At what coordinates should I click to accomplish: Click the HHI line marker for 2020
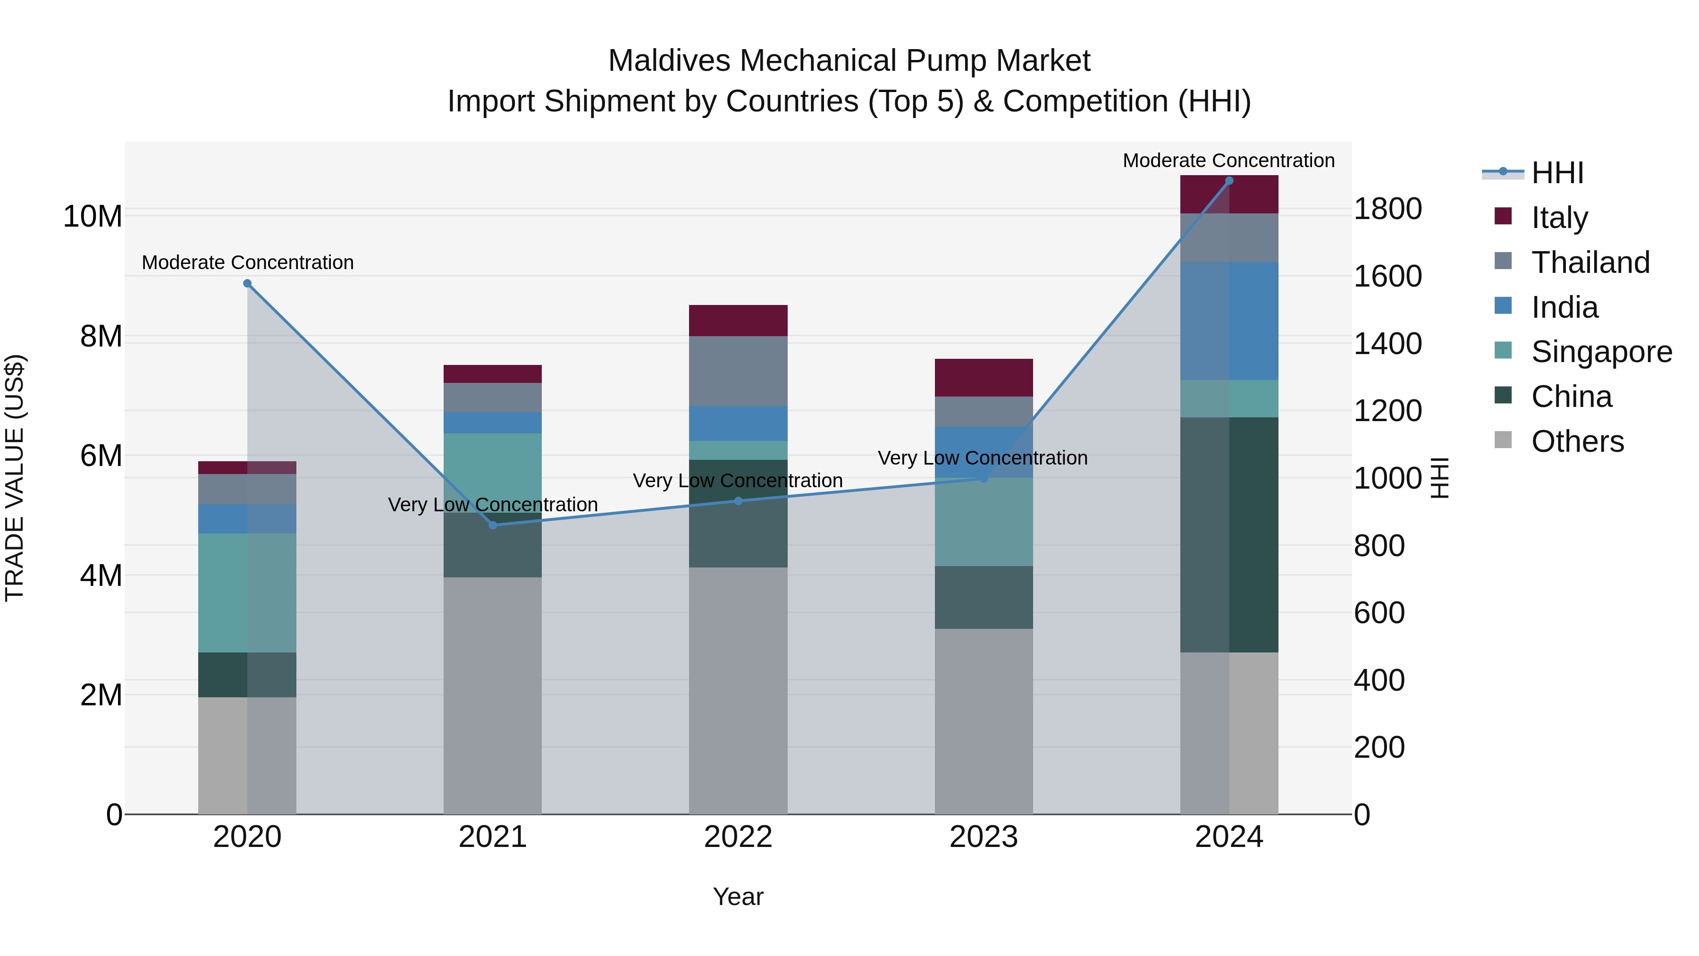click(247, 284)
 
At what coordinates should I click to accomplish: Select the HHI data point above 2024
click(1229, 181)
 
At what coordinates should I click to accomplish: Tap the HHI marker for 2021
click(493, 525)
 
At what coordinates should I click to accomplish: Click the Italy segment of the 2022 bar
click(738, 321)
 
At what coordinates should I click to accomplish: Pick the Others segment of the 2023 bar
click(984, 720)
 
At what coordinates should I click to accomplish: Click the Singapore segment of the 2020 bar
click(247, 592)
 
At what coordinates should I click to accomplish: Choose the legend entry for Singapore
click(1601, 352)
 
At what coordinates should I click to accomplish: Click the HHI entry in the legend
click(1556, 173)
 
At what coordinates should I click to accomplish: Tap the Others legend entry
click(1576, 441)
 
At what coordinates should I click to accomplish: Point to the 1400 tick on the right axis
click(1388, 344)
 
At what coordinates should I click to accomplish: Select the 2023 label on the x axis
click(984, 837)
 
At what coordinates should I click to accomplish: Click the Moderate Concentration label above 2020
click(247, 262)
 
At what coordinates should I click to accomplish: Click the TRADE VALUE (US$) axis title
click(15, 478)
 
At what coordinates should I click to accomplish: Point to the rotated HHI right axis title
click(1440, 478)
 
